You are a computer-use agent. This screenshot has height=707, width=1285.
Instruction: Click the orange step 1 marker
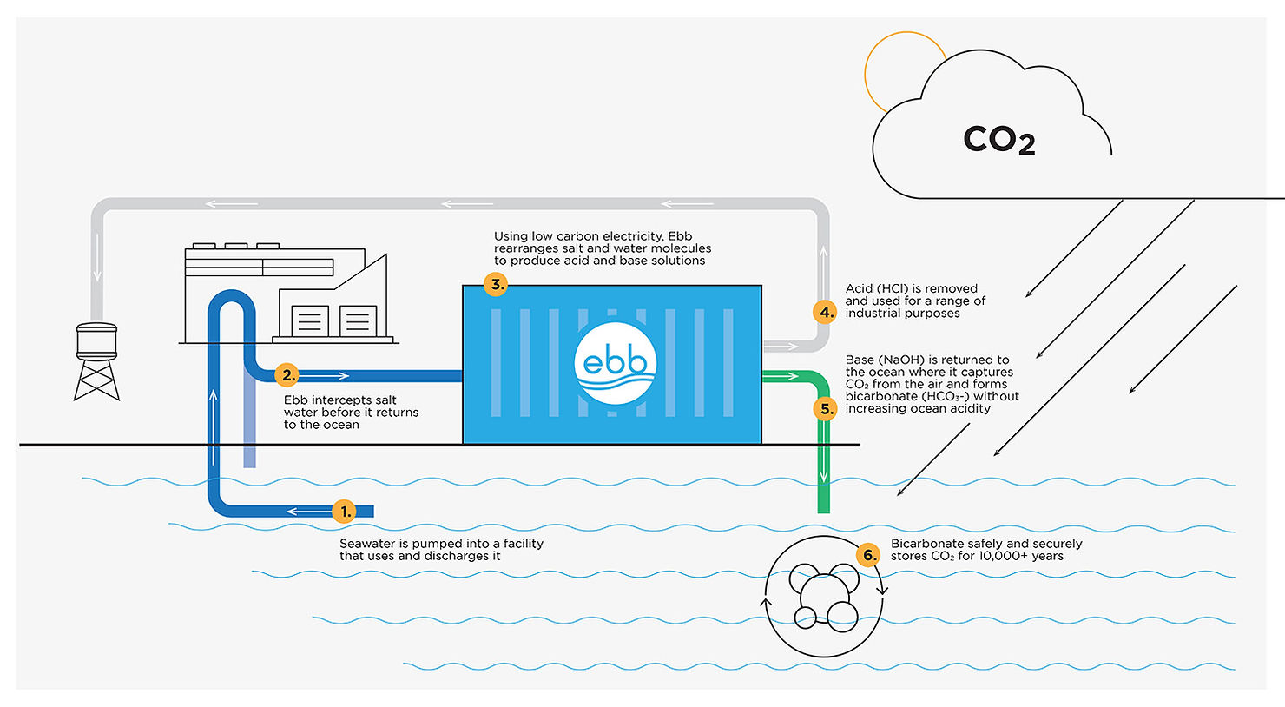pyautogui.click(x=345, y=512)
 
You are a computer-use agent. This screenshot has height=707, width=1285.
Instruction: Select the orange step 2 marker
pyautogui.click(x=287, y=375)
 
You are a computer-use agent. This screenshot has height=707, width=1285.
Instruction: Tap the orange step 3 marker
pyautogui.click(x=496, y=284)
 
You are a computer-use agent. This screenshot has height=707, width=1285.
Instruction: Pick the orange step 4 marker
pyautogui.click(x=826, y=313)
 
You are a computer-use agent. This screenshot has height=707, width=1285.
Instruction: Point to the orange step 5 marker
pyautogui.click(x=826, y=408)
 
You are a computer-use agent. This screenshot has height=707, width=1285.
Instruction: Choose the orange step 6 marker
pyautogui.click(x=867, y=555)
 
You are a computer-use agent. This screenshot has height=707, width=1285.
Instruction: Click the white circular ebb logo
pyautogui.click(x=615, y=363)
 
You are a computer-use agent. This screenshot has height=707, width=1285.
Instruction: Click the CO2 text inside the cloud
pyautogui.click(x=998, y=140)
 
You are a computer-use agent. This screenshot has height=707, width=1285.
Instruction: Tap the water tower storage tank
pyautogui.click(x=96, y=341)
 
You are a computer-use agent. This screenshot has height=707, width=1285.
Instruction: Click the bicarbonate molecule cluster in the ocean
pyautogui.click(x=823, y=596)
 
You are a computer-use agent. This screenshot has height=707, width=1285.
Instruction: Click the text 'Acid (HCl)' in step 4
pyautogui.click(x=876, y=288)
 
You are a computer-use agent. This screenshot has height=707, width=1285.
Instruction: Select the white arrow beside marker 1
pyautogui.click(x=305, y=512)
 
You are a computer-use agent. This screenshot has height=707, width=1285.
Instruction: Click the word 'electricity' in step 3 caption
pyautogui.click(x=631, y=236)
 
